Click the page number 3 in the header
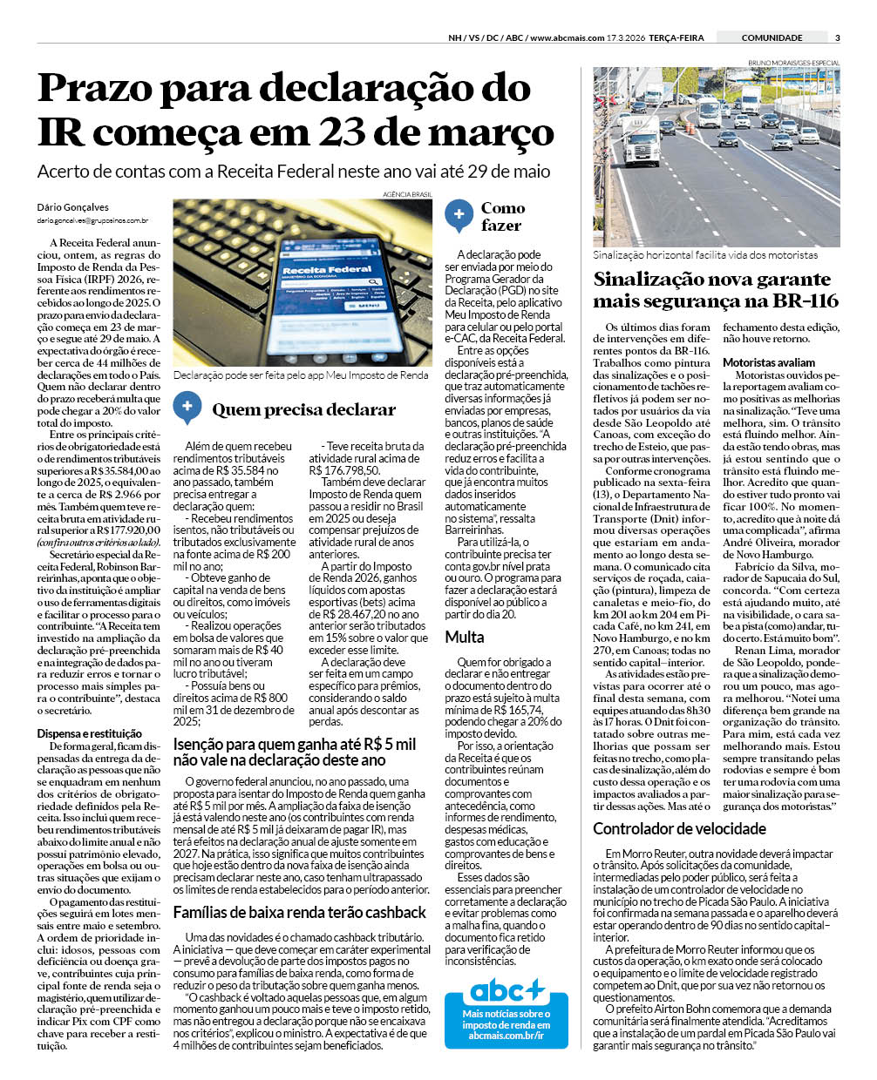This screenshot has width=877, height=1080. [837, 37]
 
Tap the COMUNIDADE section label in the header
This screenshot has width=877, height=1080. [772, 37]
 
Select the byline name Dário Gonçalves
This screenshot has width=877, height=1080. [73, 207]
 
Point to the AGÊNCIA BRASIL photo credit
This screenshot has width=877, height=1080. [407, 194]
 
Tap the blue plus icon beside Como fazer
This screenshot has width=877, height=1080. [459, 214]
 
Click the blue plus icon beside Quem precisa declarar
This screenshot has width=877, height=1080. [187, 408]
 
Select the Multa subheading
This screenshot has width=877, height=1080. [465, 637]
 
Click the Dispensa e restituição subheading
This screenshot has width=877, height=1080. [89, 734]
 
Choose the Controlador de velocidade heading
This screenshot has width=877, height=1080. [679, 828]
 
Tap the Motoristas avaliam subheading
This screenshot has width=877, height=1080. [769, 362]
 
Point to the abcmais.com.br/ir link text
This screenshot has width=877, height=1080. [506, 1035]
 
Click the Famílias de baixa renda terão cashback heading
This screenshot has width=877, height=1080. [299, 912]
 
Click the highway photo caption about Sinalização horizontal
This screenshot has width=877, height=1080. [705, 255]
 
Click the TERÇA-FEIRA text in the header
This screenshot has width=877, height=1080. [679, 37]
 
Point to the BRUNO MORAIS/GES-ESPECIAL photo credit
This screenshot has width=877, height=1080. [793, 63]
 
